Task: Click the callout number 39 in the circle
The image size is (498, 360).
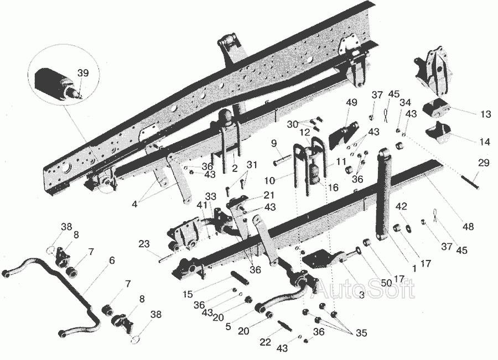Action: (x=83, y=73)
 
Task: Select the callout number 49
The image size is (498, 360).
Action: (x=351, y=102)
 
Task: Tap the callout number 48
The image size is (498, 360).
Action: (x=469, y=227)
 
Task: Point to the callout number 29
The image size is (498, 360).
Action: (x=484, y=163)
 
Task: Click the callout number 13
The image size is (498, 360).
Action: (x=486, y=114)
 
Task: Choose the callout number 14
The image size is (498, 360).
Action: (x=485, y=142)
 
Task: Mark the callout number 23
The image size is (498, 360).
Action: (x=144, y=244)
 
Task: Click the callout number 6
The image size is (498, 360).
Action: (x=111, y=260)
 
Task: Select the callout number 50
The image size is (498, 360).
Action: (x=386, y=283)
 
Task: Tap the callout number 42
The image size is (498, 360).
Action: (x=401, y=206)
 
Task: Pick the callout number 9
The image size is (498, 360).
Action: (x=274, y=144)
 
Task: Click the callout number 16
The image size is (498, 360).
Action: (x=333, y=187)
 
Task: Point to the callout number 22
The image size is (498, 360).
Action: (x=266, y=342)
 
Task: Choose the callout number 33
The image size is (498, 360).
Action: (x=210, y=196)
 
